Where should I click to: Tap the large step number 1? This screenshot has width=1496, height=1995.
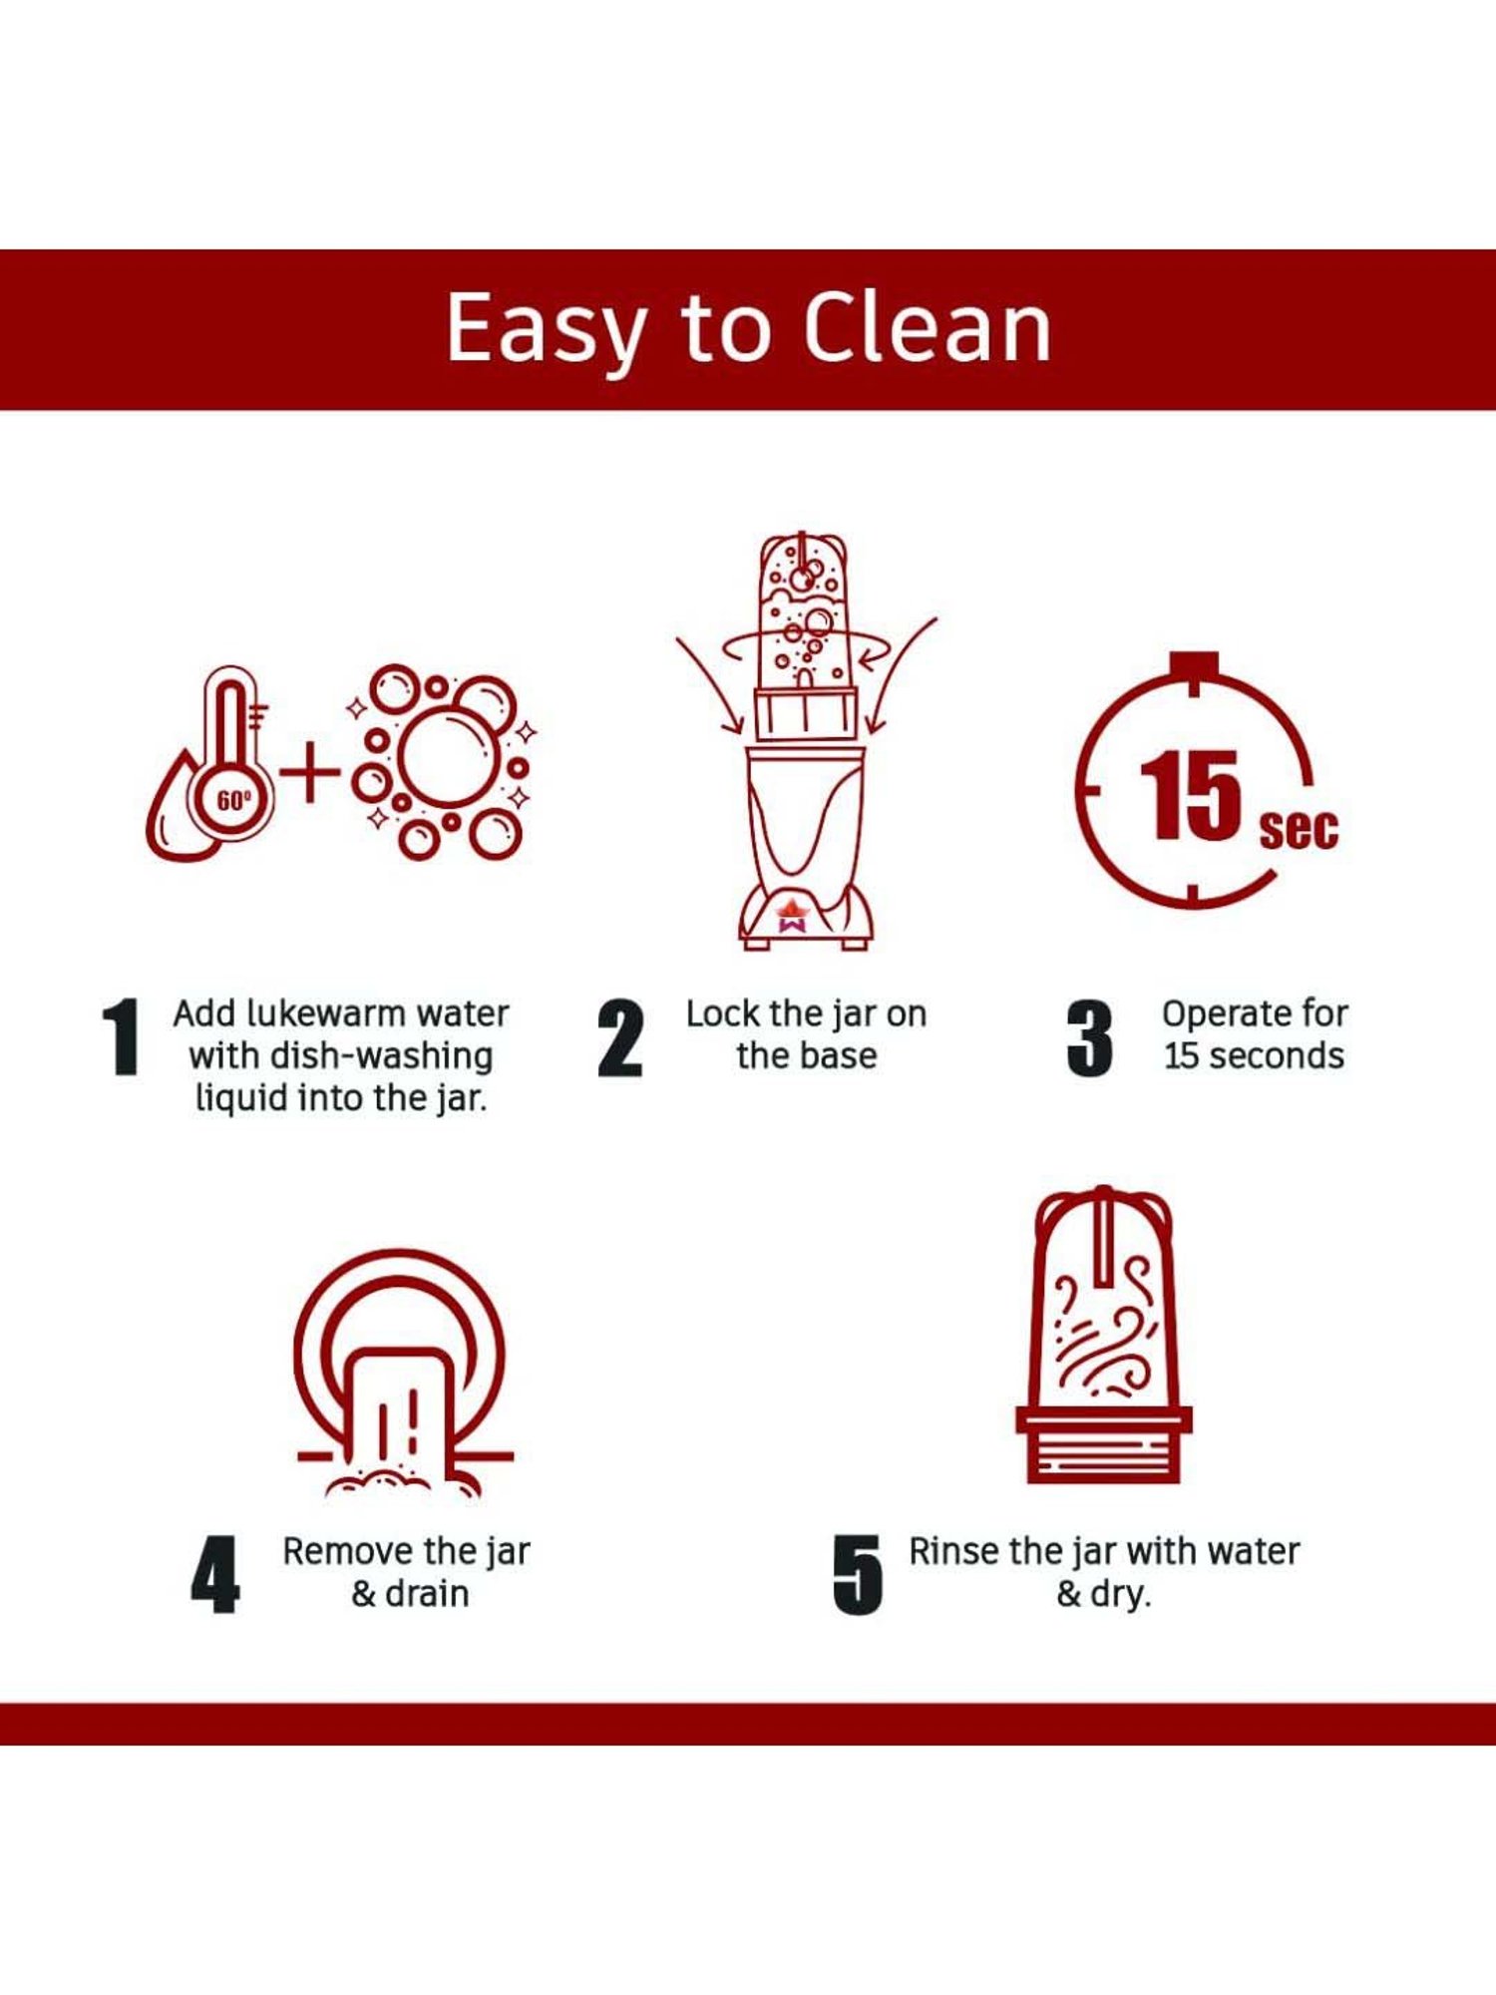click(121, 1036)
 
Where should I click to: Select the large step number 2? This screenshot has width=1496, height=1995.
click(619, 1038)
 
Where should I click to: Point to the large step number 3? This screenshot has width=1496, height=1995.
click(1089, 1038)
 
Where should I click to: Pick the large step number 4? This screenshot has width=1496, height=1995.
click(214, 1574)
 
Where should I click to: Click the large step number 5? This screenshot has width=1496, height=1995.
click(858, 1574)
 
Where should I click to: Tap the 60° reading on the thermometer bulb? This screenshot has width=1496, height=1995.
click(233, 800)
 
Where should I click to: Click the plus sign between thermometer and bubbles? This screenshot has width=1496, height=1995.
click(309, 771)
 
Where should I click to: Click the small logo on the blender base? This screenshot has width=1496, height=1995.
click(791, 916)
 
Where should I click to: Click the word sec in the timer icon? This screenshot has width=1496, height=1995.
click(1298, 829)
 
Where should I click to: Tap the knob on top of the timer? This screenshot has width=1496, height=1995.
click(1195, 664)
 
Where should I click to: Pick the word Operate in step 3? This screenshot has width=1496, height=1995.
click(1222, 1015)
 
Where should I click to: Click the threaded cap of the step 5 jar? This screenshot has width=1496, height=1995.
click(1104, 1444)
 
